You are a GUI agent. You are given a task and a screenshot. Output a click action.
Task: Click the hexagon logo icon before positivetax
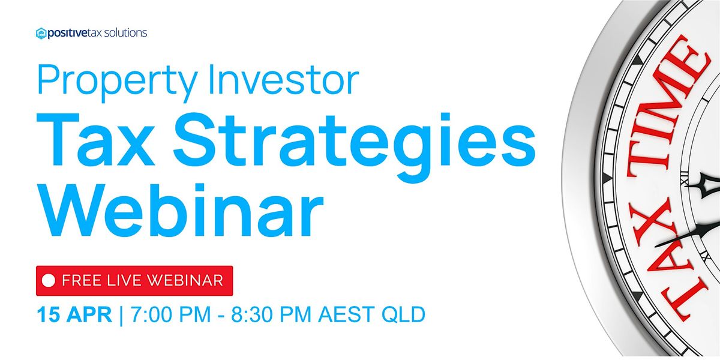point(41,34)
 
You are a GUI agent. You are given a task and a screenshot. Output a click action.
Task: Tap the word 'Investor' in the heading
point(283,79)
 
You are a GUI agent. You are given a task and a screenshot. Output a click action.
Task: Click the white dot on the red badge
point(49,280)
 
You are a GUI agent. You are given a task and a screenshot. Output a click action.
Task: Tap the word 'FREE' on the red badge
point(82,280)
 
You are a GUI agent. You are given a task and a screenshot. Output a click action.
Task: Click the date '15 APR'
point(74,314)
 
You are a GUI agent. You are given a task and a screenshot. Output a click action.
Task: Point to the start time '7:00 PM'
point(170,314)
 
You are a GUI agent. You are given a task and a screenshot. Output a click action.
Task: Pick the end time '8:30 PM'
point(271,314)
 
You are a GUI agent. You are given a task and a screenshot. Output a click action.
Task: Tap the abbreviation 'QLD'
point(403,314)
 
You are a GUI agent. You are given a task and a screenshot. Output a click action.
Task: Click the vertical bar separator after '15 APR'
point(121,316)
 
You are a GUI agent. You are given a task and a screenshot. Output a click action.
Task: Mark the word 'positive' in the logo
point(67,34)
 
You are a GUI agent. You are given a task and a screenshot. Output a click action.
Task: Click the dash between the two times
point(221,316)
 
